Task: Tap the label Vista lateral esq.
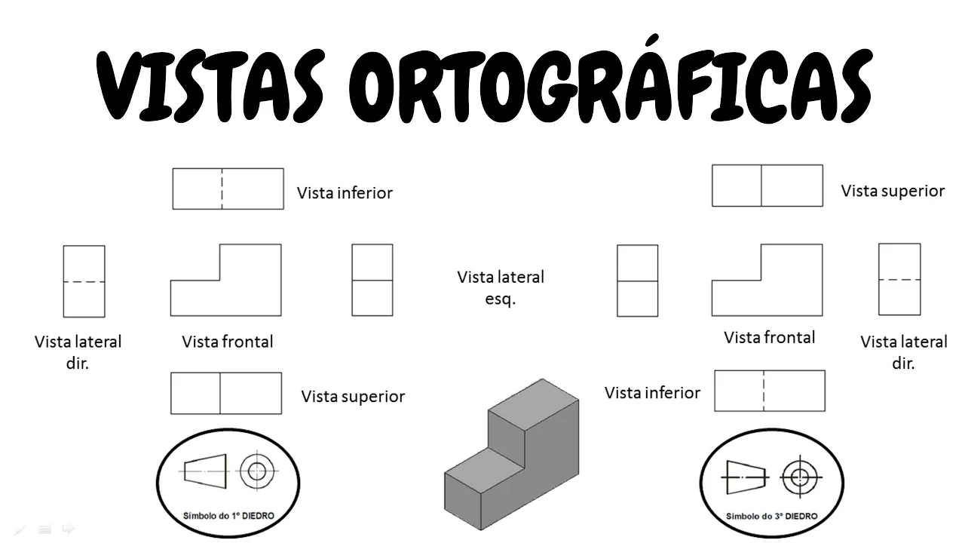(x=501, y=287)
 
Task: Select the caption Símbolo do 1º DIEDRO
(x=228, y=516)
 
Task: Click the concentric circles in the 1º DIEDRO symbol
(x=257, y=471)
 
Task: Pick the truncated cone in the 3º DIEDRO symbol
(x=746, y=477)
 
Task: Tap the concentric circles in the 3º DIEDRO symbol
(x=799, y=477)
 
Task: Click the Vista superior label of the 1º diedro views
(x=353, y=397)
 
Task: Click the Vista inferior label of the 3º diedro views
(x=652, y=393)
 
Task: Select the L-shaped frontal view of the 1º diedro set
(x=226, y=290)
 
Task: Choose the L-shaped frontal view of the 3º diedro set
(x=767, y=290)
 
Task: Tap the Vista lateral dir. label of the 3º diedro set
(x=903, y=352)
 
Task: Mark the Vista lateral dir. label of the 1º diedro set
(x=78, y=352)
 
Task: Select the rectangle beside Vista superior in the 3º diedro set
(x=767, y=186)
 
